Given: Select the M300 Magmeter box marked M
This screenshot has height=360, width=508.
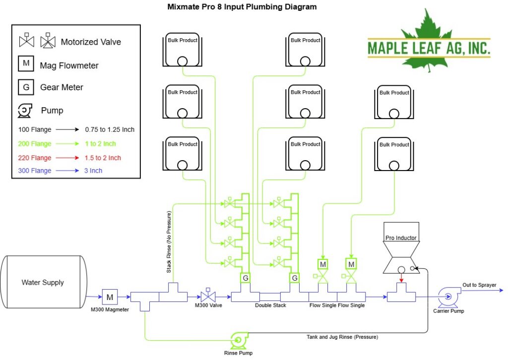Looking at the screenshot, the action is [x=110, y=297].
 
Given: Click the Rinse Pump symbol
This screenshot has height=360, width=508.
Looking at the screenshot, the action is [x=240, y=340].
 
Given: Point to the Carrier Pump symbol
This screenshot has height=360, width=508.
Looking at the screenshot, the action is [x=448, y=297].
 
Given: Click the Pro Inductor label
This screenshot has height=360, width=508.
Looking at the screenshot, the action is [x=401, y=238].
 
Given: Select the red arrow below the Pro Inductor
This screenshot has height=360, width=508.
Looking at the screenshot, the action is [x=401, y=278].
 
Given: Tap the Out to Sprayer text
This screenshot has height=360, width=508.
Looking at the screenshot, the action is [x=479, y=285].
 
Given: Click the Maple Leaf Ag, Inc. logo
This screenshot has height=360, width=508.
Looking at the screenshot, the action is [x=429, y=42].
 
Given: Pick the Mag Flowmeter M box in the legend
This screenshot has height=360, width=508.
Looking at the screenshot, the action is [x=26, y=63].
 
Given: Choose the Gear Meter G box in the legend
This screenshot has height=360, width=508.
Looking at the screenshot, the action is [x=26, y=87].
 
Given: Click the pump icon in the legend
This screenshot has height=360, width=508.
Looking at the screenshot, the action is [x=25, y=111].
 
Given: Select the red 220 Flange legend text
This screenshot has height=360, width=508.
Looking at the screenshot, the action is [x=35, y=158].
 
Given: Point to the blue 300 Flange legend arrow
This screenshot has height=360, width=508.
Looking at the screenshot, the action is [x=67, y=171].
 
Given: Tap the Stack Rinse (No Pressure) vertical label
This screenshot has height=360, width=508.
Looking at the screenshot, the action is [x=169, y=242].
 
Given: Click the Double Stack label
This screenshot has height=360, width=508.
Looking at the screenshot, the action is [x=270, y=305].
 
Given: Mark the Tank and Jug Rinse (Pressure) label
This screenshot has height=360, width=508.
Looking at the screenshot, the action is [x=342, y=337].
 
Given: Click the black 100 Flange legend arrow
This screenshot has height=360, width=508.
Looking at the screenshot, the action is [x=67, y=129].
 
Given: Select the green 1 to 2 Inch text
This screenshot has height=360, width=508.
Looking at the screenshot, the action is [x=100, y=144].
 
